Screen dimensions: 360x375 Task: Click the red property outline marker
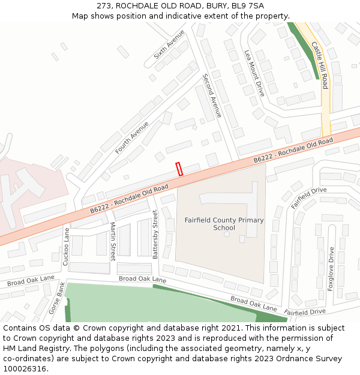179,169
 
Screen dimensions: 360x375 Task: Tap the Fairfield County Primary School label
224,224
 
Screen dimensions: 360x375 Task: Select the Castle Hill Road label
320,65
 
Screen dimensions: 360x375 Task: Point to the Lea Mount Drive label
254,73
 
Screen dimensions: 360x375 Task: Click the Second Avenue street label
212,95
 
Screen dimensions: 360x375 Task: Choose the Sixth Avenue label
169,44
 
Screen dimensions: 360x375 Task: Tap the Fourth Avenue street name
131,137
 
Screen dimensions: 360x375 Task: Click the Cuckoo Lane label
66,246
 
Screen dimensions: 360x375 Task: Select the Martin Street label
112,241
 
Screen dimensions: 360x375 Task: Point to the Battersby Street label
155,234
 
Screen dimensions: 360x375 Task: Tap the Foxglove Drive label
331,269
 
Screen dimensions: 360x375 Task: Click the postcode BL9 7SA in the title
248,5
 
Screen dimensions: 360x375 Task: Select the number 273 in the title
103,5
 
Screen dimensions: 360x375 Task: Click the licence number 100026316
26,368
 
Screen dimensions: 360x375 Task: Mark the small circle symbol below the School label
227,234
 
